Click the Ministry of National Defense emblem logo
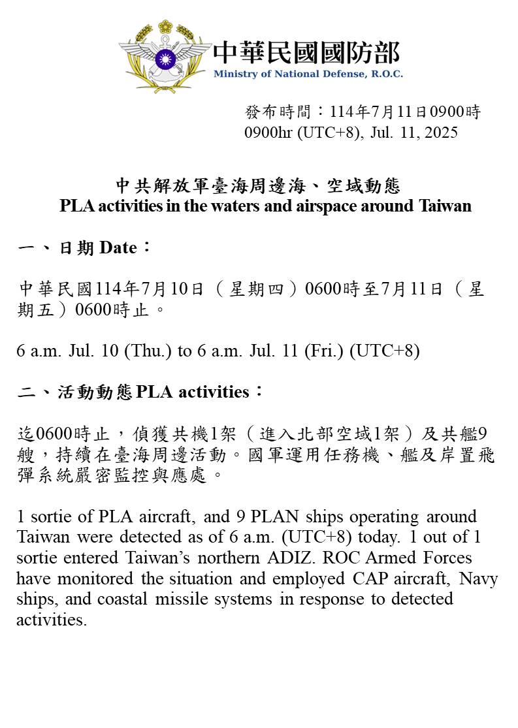(x=165, y=55)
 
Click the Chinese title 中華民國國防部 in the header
(x=306, y=53)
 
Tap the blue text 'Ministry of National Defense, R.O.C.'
(x=308, y=74)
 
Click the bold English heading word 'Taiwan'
(x=445, y=206)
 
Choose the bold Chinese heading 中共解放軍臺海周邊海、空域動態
(x=258, y=187)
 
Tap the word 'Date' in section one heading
(x=118, y=248)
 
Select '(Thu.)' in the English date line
(x=152, y=351)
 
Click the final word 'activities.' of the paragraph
(x=51, y=620)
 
